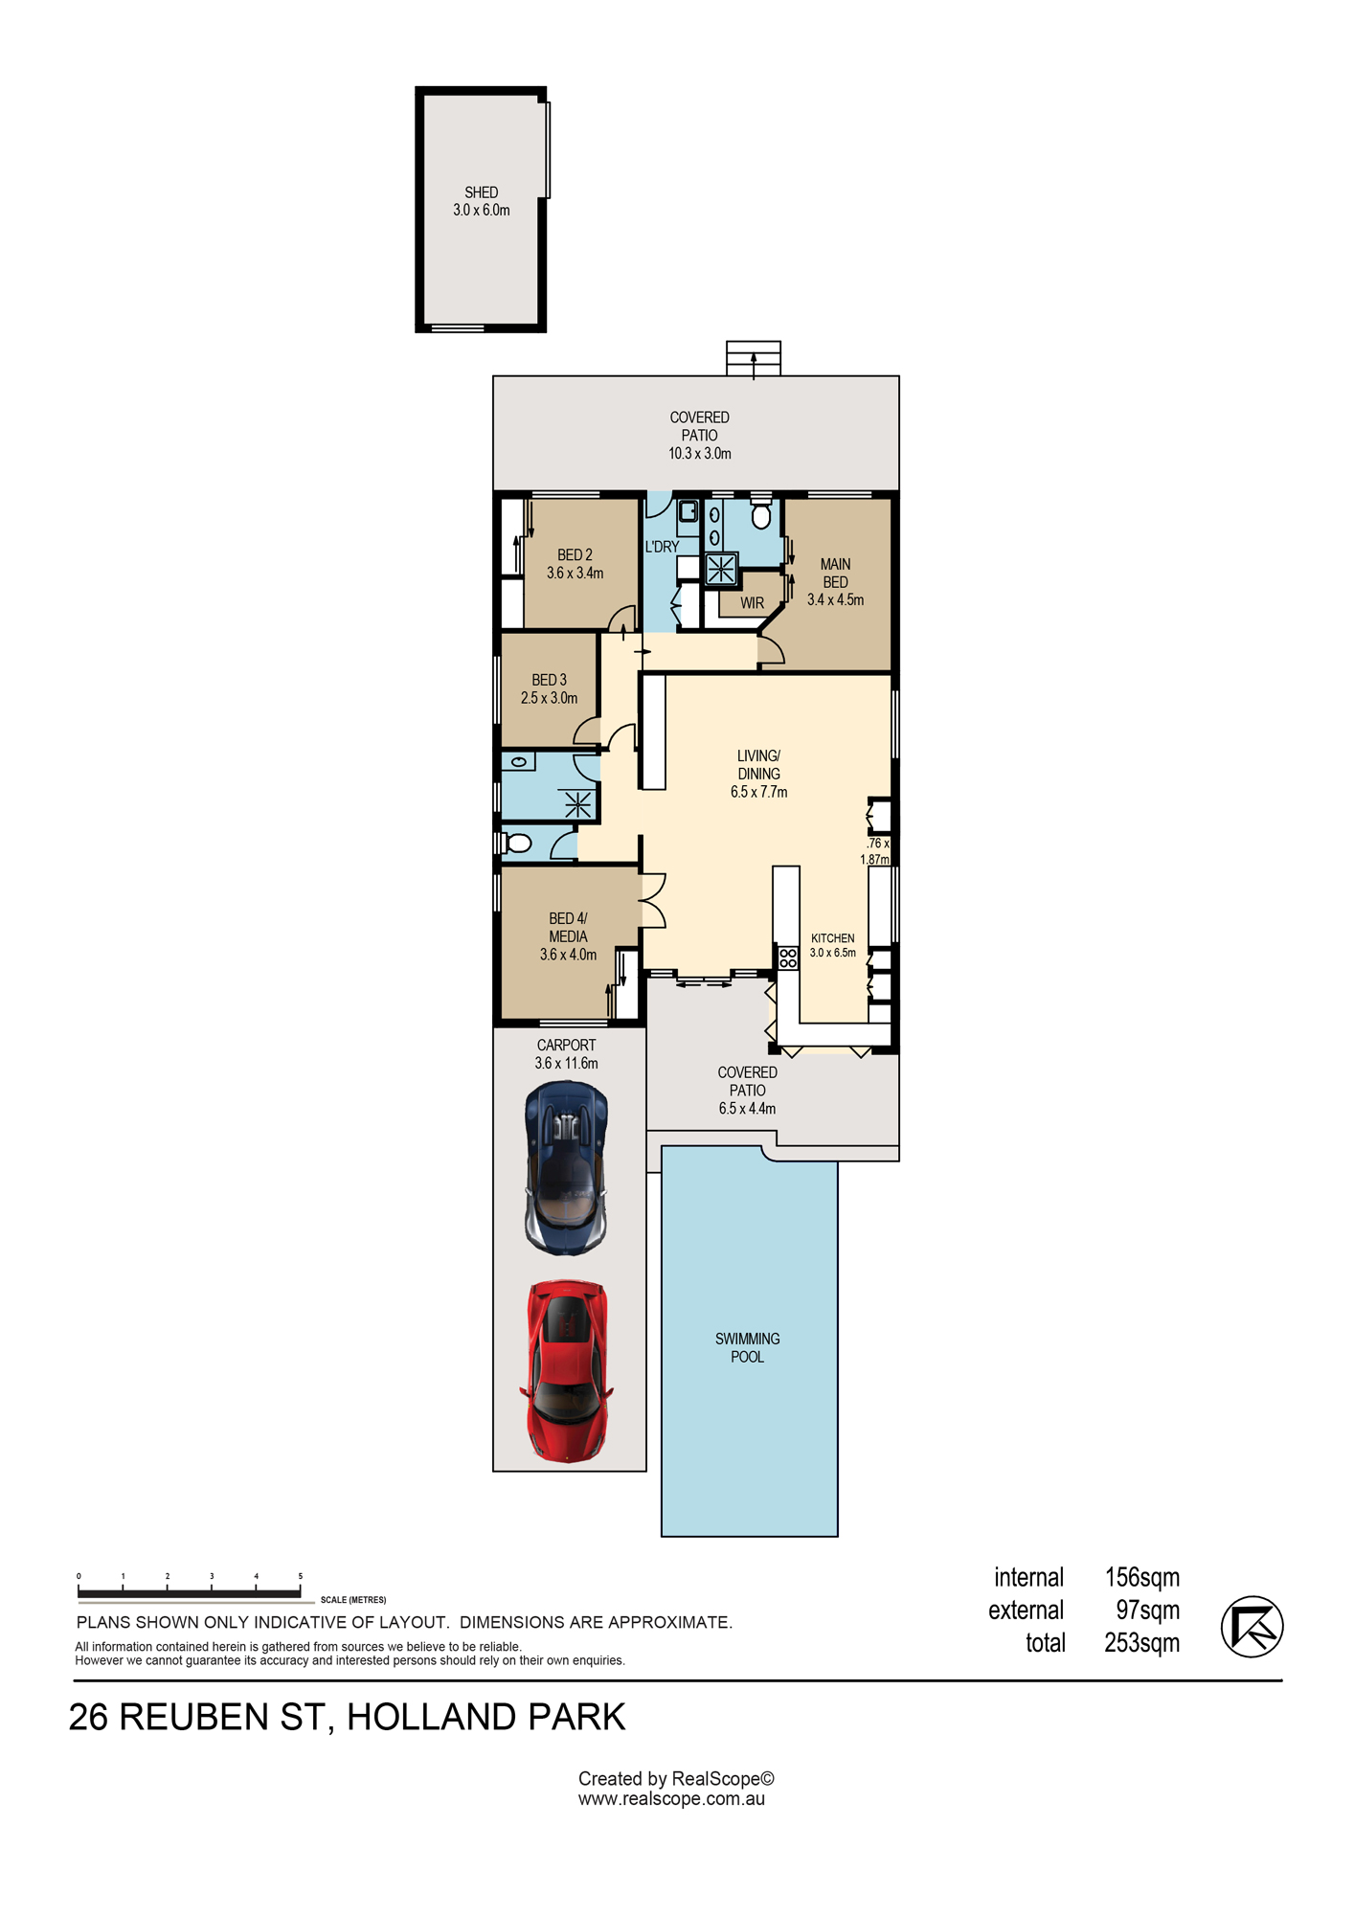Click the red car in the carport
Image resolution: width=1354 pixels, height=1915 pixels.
pos(567,1370)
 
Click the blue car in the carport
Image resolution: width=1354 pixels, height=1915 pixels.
pos(567,1168)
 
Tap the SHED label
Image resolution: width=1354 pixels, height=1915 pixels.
pos(482,192)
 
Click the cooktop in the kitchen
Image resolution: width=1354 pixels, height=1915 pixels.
pos(788,957)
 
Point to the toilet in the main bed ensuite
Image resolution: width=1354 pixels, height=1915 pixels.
pos(761,514)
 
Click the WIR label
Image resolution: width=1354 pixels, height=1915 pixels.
pos(753,603)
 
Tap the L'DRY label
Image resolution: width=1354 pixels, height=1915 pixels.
pos(662,547)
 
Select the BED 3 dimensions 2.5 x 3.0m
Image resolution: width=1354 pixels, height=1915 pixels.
pos(550,698)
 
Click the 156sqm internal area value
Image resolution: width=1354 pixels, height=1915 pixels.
pos(1142,1577)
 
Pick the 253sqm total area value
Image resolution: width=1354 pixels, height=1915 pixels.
pos(1142,1643)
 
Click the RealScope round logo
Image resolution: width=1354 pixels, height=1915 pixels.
pos(1252,1626)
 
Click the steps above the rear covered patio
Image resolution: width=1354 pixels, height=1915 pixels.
pos(754,358)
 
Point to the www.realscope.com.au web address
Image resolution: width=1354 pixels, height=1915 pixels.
pos(671,1799)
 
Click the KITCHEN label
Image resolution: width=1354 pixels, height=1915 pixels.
pos(833,938)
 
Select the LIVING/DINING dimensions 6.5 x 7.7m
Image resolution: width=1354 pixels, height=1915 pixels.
pos(759,792)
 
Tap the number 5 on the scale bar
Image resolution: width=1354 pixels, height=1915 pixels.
pos(300,1576)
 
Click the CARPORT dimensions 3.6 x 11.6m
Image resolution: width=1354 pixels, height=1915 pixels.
pos(567,1063)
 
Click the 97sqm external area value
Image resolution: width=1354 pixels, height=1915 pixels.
pos(1148,1610)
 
